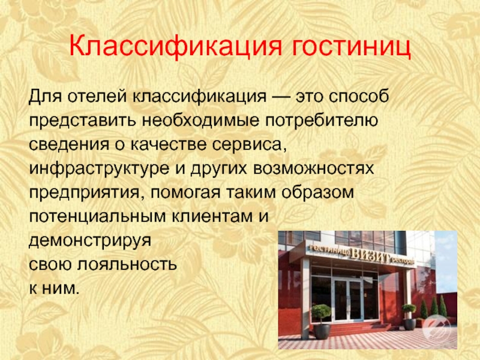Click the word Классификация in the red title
(175, 46)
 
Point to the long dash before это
(281, 97)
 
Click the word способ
(359, 97)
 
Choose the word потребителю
(322, 121)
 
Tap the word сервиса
(250, 145)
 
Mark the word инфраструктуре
(99, 169)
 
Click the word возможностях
(314, 169)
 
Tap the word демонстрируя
(90, 241)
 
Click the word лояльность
(127, 265)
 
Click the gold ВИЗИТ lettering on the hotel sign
(370, 256)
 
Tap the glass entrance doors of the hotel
(348, 299)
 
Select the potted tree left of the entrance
(321, 322)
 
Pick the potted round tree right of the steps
(409, 317)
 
